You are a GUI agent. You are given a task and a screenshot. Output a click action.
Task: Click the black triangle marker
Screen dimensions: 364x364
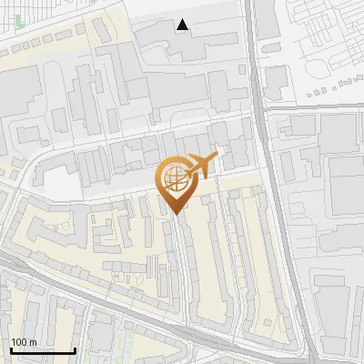(x=184, y=25)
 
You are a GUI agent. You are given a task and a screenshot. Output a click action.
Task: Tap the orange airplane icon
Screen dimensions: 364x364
(x=201, y=166)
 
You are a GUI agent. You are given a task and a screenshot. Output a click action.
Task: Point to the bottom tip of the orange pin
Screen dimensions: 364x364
(x=177, y=215)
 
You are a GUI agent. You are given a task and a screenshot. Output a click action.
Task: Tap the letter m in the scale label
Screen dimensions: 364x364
(x=33, y=342)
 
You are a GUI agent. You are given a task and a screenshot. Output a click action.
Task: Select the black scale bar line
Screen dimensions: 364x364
(x=43, y=350)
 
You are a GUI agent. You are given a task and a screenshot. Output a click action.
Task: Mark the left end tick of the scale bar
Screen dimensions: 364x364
(x=11, y=349)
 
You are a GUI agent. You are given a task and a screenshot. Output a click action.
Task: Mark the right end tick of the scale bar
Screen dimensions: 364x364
(x=75, y=349)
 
